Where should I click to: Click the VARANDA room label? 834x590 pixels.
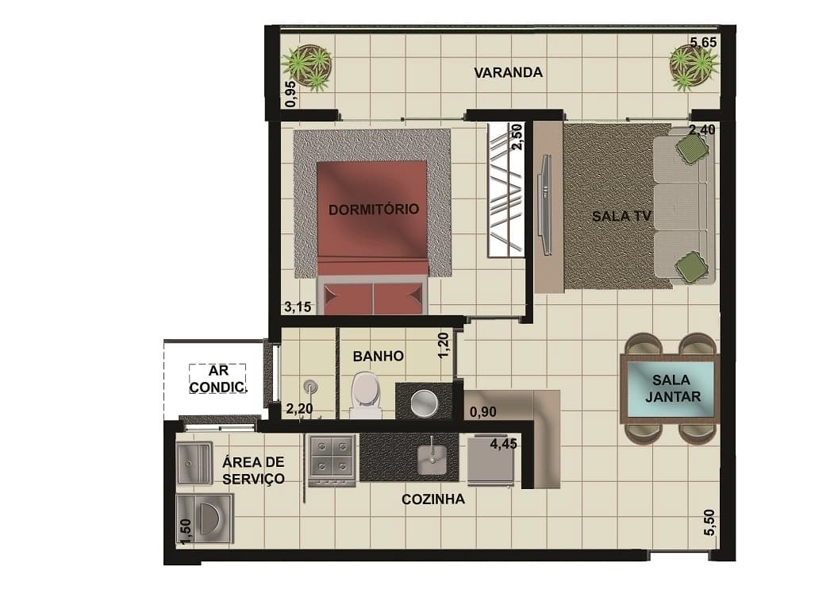click(508, 72)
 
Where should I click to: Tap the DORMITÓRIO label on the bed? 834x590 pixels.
click(374, 210)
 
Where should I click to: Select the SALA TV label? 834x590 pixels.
click(621, 216)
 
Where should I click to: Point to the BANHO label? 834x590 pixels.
click(379, 356)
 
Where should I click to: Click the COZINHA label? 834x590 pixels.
click(433, 499)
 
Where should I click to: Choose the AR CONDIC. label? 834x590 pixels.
click(217, 379)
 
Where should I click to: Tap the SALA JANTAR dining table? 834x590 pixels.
click(670, 388)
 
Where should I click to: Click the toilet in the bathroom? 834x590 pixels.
click(365, 395)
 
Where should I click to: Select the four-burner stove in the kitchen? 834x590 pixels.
click(332, 460)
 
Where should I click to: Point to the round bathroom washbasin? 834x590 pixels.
click(424, 403)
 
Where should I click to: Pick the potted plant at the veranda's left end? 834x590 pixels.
click(307, 67)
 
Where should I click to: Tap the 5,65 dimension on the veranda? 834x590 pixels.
click(703, 42)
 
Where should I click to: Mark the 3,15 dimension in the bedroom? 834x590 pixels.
click(298, 307)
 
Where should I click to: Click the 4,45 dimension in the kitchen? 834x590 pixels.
click(503, 443)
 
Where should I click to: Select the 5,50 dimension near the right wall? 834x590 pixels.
click(709, 523)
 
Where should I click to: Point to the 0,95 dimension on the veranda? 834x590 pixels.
click(290, 94)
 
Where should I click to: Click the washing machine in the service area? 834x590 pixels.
click(205, 518)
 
